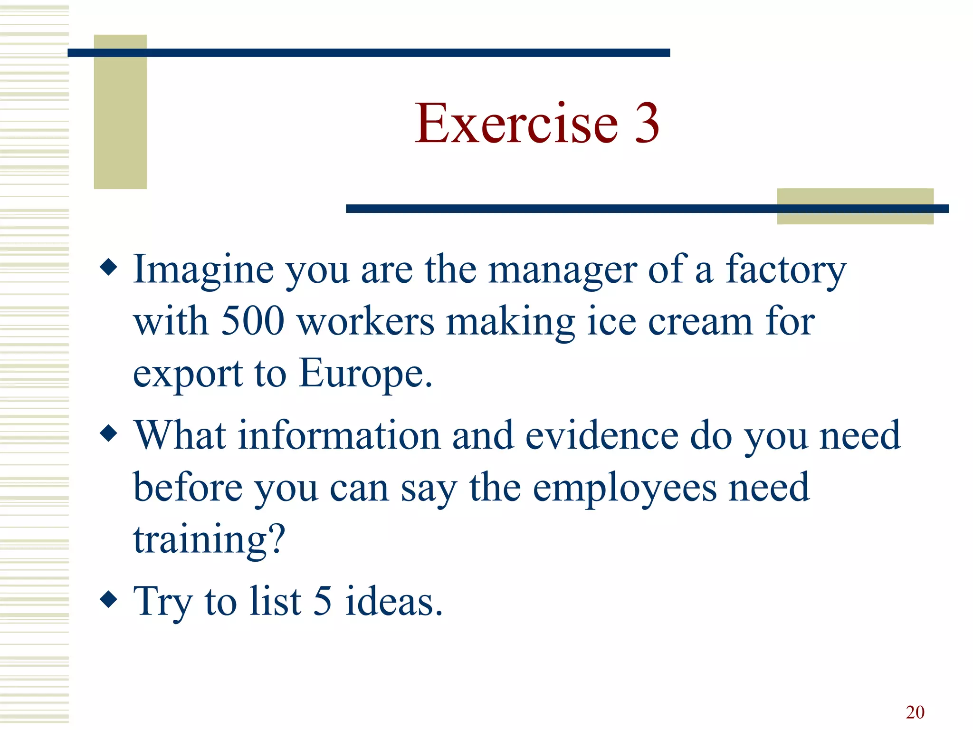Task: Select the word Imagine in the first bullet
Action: click(x=203, y=270)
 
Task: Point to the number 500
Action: click(x=253, y=322)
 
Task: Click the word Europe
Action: click(x=366, y=374)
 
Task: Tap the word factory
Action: click(x=786, y=270)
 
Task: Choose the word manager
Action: click(x=563, y=270)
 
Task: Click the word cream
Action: click(x=700, y=322)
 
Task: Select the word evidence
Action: click(x=602, y=435)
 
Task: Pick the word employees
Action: click(x=625, y=488)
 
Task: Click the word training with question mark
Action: click(x=209, y=540)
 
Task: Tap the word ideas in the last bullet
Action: click(x=394, y=601)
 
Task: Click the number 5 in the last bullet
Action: click(x=323, y=601)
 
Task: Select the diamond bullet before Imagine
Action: click(x=109, y=267)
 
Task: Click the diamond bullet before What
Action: click(x=109, y=433)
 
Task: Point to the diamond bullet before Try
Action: click(x=109, y=599)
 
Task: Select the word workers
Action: click(x=366, y=322)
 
